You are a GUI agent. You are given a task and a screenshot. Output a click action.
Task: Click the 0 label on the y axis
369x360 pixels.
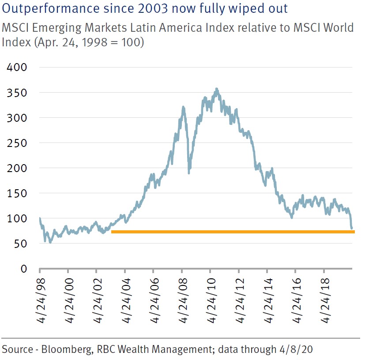tap(25, 269)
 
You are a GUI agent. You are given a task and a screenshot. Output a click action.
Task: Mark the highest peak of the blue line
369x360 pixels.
tap(216, 89)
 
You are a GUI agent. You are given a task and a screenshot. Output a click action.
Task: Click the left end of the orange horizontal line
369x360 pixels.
tap(112, 231)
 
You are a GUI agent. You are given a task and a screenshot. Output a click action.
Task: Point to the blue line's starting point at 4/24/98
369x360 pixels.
tap(40, 218)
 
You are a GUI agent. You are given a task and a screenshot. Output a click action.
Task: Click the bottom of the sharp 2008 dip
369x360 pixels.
tap(189, 172)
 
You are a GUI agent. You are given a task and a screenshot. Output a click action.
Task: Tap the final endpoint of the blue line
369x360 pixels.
tap(352, 229)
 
